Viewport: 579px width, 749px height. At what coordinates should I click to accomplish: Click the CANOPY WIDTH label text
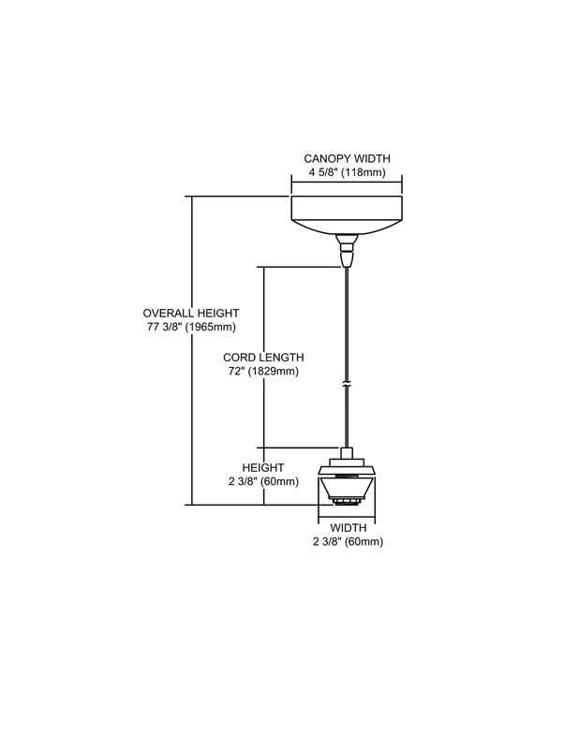[347, 158]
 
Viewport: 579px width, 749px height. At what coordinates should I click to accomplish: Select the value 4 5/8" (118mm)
[347, 172]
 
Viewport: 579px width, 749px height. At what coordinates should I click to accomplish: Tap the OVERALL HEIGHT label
[191, 314]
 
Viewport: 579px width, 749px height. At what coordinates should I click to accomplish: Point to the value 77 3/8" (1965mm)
[191, 327]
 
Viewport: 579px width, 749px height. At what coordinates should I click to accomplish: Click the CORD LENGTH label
[263, 358]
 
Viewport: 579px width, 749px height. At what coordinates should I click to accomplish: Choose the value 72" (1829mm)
[263, 371]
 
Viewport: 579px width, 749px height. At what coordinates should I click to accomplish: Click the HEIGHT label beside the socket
[263, 467]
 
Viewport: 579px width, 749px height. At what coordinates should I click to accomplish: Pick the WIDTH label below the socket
[349, 528]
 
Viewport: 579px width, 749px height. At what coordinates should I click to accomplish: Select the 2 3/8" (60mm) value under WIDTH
[349, 542]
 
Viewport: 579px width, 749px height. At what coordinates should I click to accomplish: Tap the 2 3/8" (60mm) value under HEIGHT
[263, 481]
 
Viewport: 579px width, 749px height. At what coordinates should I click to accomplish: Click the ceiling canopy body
[347, 215]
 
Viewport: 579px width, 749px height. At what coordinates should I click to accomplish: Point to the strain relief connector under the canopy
[347, 250]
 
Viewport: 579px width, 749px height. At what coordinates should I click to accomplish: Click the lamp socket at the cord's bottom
[347, 477]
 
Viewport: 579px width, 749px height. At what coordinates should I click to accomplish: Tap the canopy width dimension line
[347, 182]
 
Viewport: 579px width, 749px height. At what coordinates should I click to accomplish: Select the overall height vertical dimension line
[192, 350]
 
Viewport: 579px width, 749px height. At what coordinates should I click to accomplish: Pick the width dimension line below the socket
[347, 520]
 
